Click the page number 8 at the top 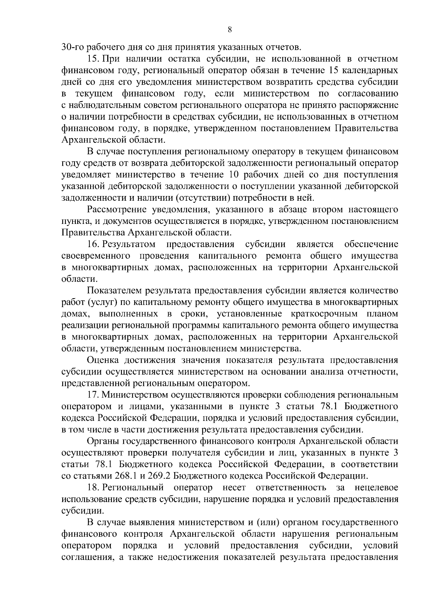click(x=230, y=30)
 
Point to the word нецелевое click(x=377, y=487)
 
